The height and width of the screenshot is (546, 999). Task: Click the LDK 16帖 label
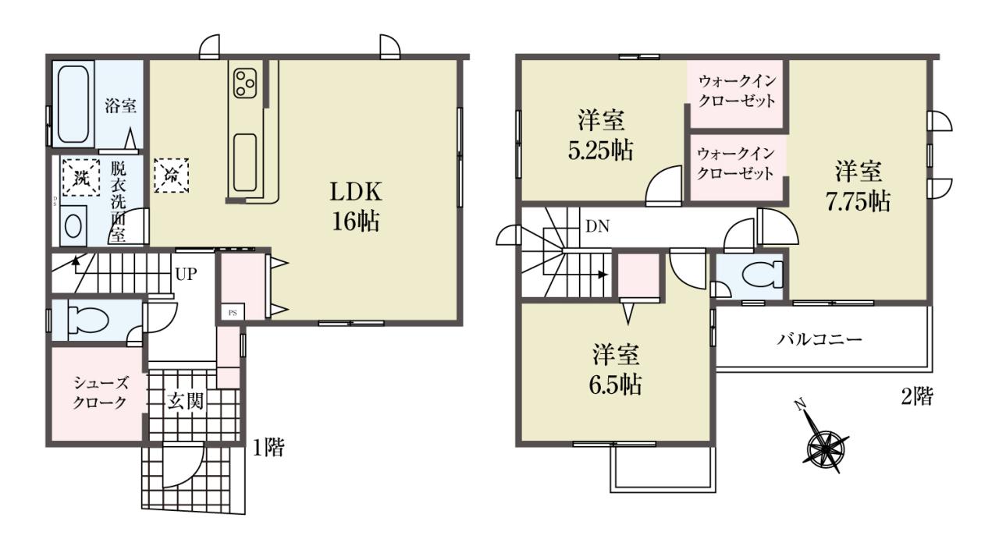click(x=356, y=207)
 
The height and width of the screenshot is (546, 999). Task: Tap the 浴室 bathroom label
click(x=120, y=107)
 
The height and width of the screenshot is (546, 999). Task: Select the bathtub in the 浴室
click(x=73, y=105)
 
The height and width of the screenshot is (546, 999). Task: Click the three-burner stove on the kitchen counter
click(x=245, y=83)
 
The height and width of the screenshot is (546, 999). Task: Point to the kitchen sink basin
click(x=244, y=163)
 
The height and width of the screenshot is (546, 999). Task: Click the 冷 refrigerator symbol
click(x=171, y=175)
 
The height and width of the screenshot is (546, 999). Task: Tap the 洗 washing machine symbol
click(x=80, y=177)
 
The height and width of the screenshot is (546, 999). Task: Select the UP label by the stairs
click(x=186, y=274)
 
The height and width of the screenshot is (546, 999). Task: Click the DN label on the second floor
click(x=597, y=227)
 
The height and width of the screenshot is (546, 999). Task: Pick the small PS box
click(x=233, y=313)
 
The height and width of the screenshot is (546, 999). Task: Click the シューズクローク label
click(x=101, y=392)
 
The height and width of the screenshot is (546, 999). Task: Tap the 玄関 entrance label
click(x=185, y=402)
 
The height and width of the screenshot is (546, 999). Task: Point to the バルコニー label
click(x=819, y=339)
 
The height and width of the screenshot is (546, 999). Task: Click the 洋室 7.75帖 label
click(x=858, y=186)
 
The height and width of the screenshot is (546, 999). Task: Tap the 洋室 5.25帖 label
click(x=601, y=136)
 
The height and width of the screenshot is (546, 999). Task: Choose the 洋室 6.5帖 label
click(x=616, y=370)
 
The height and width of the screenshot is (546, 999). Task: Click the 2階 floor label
click(x=917, y=396)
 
